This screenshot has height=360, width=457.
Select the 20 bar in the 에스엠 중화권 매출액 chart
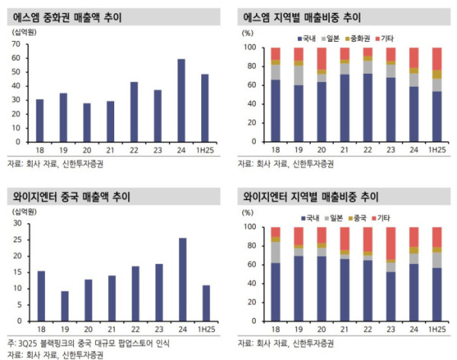coord(88,123)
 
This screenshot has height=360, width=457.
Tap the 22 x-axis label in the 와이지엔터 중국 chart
coord(134,329)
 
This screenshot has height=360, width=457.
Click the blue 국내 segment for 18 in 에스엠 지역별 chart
coord(276,110)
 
